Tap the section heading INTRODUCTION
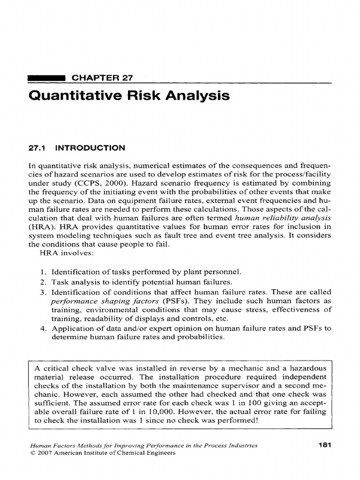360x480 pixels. pyautogui.click(x=90, y=148)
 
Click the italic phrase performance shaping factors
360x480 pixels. pyautogui.click(x=105, y=300)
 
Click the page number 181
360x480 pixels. pyautogui.click(x=324, y=445)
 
